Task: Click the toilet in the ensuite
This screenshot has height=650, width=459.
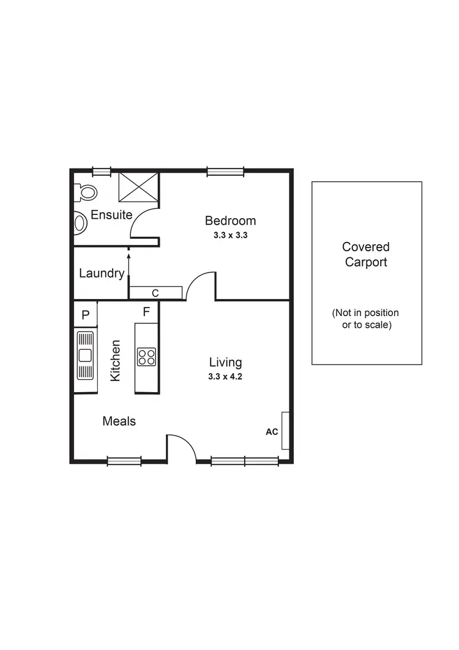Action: click(86, 192)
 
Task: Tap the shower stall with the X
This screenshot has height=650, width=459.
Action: click(138, 186)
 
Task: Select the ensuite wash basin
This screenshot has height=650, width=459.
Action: click(80, 222)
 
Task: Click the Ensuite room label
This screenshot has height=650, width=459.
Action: click(111, 215)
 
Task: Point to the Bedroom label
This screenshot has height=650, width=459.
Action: click(230, 221)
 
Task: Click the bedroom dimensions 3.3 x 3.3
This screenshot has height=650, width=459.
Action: click(230, 235)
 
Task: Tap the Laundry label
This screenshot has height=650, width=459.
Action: click(102, 273)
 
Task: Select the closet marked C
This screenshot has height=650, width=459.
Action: click(155, 293)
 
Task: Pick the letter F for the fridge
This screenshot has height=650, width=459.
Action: click(146, 312)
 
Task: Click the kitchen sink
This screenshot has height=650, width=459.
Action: click(85, 355)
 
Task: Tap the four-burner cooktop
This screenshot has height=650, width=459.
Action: click(146, 356)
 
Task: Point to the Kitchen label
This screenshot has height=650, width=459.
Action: click(115, 361)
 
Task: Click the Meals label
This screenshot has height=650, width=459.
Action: click(119, 421)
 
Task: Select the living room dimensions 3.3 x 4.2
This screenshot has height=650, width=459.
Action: click(225, 377)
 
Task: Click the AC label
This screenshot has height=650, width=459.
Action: click(272, 431)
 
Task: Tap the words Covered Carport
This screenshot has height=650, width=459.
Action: click(366, 254)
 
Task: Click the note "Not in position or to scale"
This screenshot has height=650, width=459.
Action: click(366, 319)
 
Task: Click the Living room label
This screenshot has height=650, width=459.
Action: click(225, 362)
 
